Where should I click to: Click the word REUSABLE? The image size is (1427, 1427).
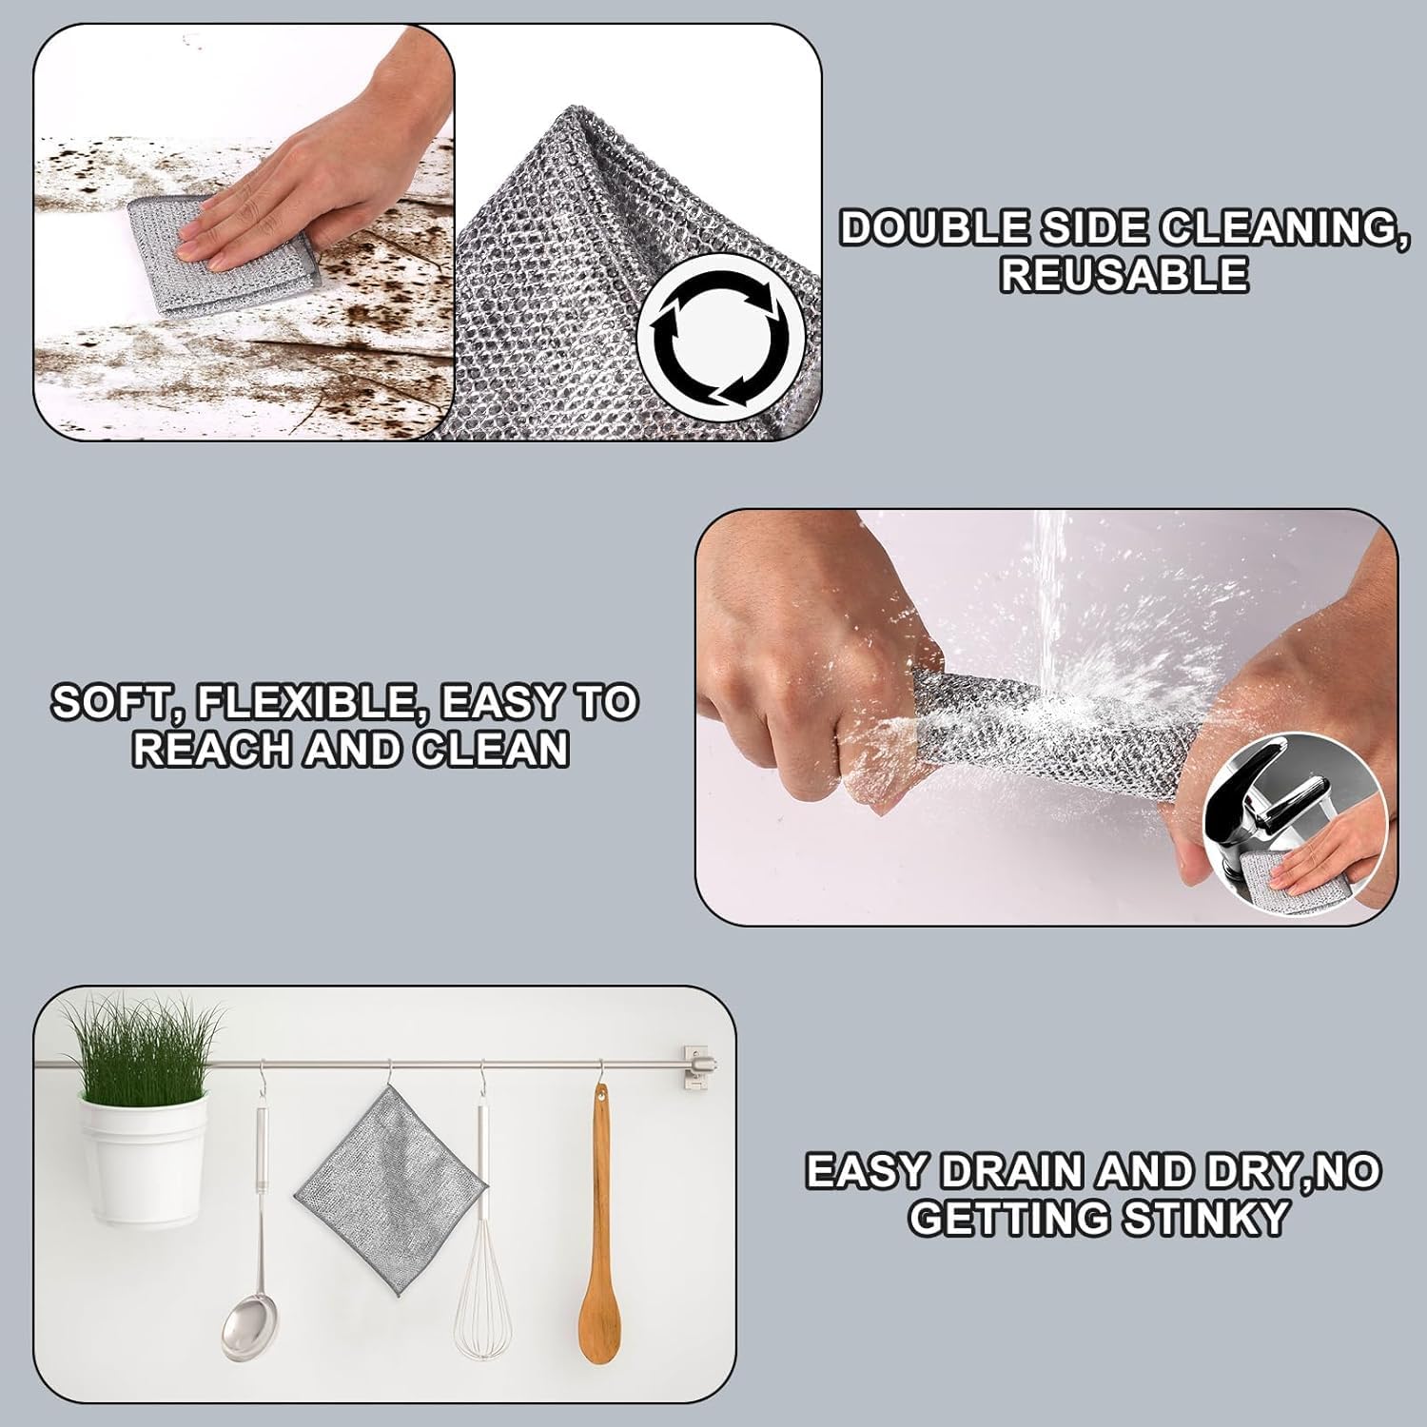(1124, 275)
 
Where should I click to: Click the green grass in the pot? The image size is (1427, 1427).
(143, 1046)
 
